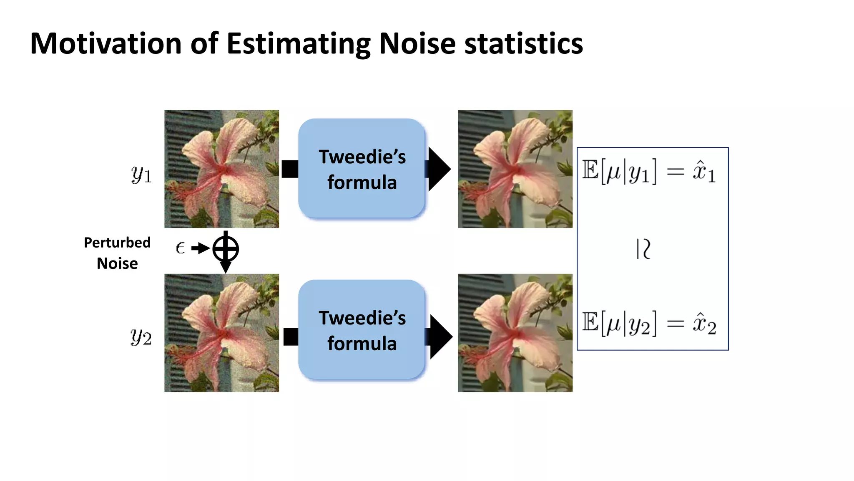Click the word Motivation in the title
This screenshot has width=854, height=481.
click(x=106, y=43)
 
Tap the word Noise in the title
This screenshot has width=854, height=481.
click(x=417, y=43)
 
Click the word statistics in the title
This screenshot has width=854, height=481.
click(x=523, y=43)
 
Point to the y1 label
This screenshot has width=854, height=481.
click(x=141, y=174)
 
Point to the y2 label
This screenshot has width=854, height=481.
click(x=141, y=337)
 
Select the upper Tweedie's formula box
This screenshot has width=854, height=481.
click(x=362, y=169)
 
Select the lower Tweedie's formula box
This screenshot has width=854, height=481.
click(x=362, y=330)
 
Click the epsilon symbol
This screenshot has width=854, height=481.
click(x=180, y=248)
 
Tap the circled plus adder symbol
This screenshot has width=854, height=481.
click(x=226, y=249)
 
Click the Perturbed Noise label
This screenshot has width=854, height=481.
click(x=117, y=253)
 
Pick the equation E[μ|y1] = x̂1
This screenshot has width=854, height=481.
click(x=649, y=172)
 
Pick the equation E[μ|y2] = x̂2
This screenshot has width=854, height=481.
click(x=649, y=324)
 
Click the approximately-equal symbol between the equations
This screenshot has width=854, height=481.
click(x=643, y=249)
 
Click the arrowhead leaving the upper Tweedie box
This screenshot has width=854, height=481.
click(x=439, y=169)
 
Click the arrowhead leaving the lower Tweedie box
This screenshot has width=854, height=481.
click(x=440, y=337)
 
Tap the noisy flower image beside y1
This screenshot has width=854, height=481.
click(x=221, y=169)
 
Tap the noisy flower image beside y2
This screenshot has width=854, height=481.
click(x=221, y=333)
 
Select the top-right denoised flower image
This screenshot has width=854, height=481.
click(x=515, y=169)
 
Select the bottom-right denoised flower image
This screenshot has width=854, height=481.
click(x=515, y=333)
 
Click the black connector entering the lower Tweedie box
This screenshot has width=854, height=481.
click(x=291, y=337)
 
